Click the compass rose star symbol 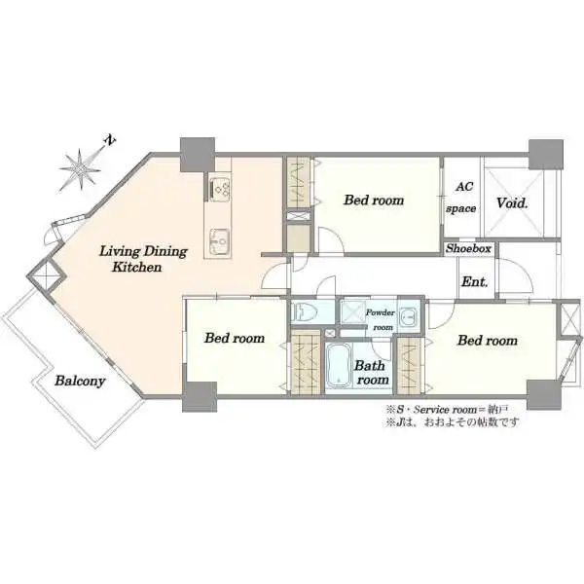point(80,169)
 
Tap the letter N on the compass point(110,140)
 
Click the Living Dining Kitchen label point(143,259)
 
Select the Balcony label point(80,381)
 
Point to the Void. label point(513,203)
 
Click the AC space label point(461,198)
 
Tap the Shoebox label point(468,248)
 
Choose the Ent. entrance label point(475,281)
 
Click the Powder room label point(381,319)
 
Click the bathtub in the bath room point(338,365)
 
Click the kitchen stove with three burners point(220,188)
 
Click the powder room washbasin point(409,317)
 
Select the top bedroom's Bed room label point(374,200)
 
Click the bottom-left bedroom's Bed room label point(235,338)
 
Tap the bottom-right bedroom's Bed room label point(488,340)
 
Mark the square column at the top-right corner point(546,155)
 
